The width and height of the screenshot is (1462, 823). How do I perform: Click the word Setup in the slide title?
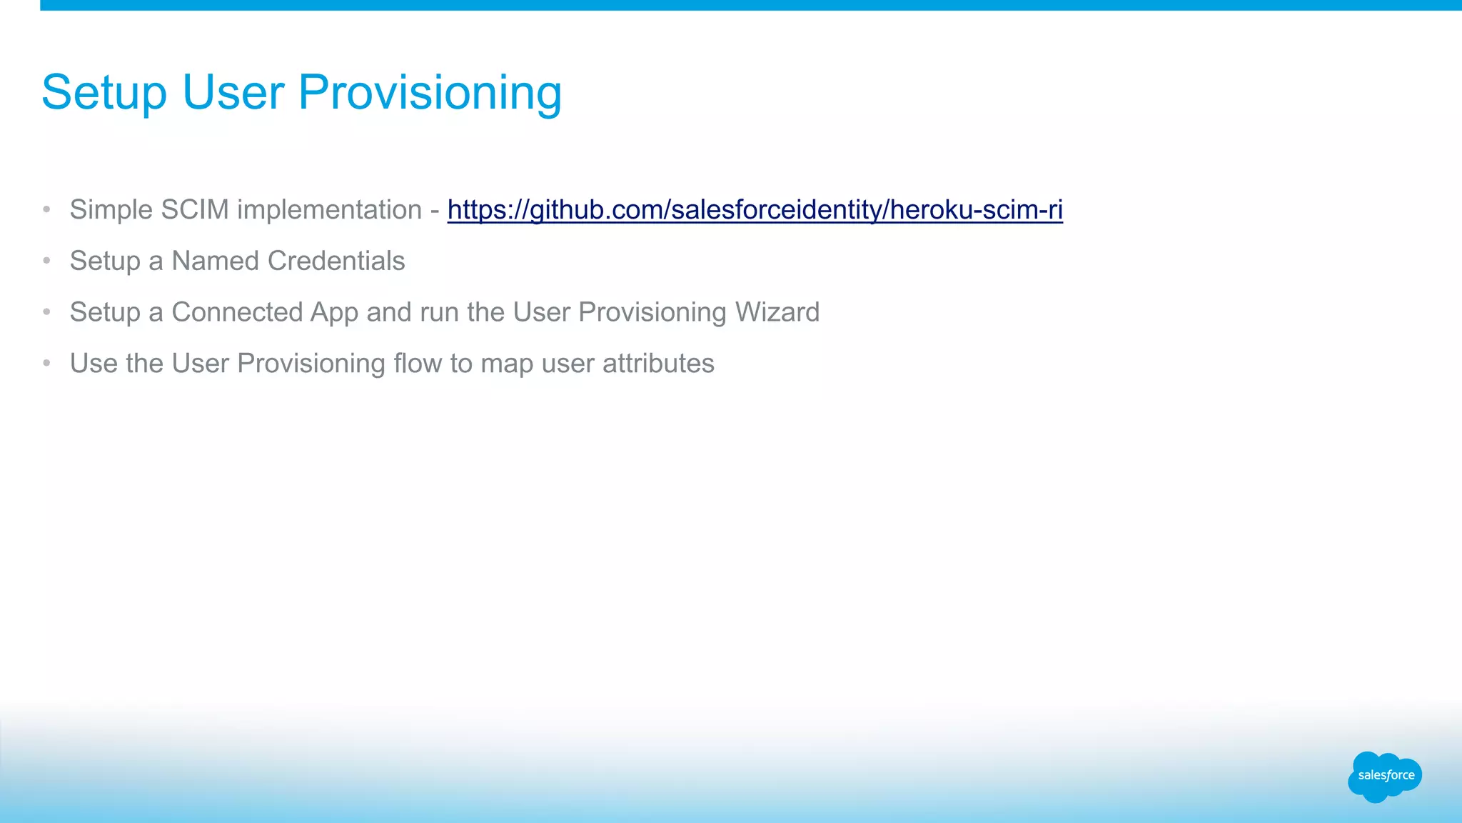tap(104, 93)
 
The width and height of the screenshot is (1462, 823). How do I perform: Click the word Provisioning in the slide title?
tap(430, 93)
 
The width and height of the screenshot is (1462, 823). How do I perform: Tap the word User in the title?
tap(233, 93)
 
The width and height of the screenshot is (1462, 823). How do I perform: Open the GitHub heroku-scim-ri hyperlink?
tap(755, 210)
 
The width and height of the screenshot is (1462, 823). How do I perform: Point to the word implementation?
tap(329, 210)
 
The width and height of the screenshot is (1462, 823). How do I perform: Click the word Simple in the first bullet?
tap(111, 210)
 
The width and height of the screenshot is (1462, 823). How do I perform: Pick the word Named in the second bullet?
tap(215, 261)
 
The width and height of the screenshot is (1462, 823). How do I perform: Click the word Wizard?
tap(777, 313)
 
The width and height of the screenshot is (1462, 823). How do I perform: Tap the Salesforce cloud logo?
tap(1385, 776)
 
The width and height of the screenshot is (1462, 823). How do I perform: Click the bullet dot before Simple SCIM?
tap(46, 210)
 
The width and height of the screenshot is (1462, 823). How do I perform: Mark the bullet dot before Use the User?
tap(46, 364)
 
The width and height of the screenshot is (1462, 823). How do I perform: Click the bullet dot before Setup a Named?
tap(46, 261)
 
